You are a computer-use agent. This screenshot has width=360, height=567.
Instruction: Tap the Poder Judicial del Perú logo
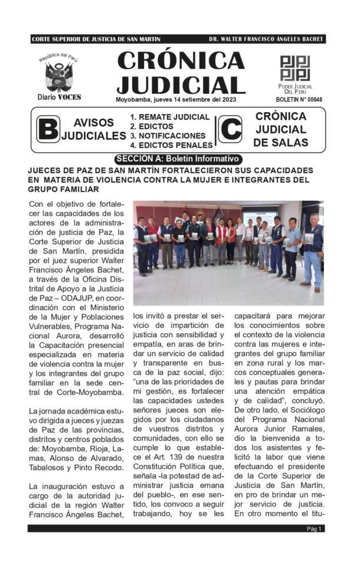point(294,68)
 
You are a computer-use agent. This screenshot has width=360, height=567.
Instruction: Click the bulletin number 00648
point(299,100)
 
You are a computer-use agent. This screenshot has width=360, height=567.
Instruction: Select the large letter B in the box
point(48,129)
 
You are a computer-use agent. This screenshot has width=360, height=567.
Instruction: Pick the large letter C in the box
point(230,129)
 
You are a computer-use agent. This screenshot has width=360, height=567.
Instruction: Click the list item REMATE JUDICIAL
point(170,117)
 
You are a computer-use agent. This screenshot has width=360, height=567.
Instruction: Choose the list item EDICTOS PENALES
point(172,145)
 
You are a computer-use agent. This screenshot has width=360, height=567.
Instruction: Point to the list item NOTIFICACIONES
point(168,135)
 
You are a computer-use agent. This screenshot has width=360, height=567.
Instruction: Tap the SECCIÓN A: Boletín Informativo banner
point(178,159)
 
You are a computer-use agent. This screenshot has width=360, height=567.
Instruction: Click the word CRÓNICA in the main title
point(181,61)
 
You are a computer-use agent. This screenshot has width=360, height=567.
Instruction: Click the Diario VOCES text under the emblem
point(59,97)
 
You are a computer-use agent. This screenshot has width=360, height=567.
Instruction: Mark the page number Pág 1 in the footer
point(314,529)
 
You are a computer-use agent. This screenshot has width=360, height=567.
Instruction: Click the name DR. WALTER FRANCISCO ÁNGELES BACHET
point(266,40)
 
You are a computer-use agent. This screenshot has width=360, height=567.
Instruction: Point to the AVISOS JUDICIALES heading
point(94,129)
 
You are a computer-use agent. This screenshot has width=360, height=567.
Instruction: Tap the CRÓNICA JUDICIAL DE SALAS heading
point(280,129)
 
